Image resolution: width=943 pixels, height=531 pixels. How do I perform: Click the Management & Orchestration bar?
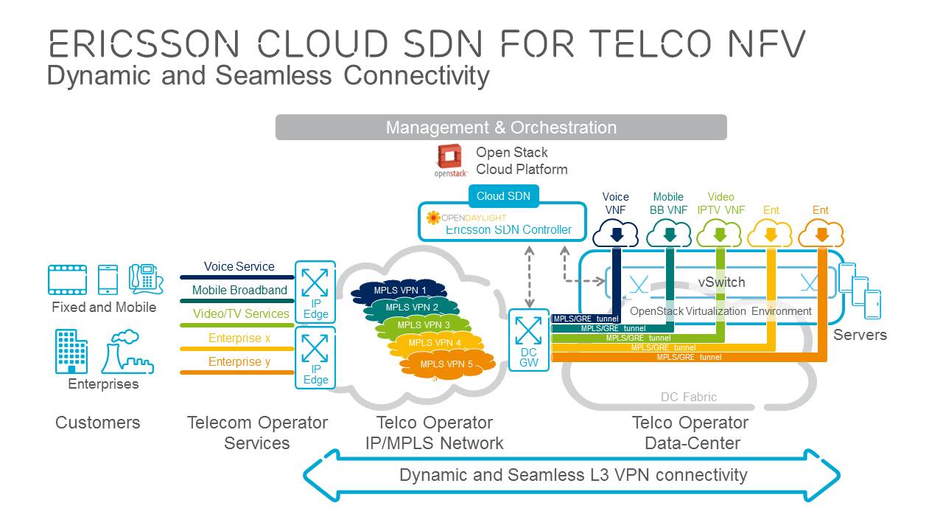coord(501,127)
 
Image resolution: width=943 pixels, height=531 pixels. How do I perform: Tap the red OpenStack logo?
coord(449,157)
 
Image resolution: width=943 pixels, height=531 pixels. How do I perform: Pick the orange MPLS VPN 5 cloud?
coord(446,364)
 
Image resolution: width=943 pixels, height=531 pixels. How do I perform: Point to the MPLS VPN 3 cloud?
coord(423,324)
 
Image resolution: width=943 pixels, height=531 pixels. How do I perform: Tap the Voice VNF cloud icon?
coord(616,234)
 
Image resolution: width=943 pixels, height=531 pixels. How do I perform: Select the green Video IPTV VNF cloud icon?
coord(720,235)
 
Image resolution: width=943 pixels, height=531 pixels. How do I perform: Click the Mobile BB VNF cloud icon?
coord(668,235)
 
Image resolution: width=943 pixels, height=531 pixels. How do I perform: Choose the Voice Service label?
coord(239,266)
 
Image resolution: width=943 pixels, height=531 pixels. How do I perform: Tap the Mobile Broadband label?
coord(239,290)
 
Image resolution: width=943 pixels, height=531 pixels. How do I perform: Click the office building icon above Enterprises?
coord(71,351)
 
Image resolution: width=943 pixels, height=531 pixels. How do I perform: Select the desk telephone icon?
coord(146,280)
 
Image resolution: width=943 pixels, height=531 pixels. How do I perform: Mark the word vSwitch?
coord(721,282)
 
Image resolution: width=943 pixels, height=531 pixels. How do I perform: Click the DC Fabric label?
coord(688,397)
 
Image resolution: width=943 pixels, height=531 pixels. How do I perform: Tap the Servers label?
coord(860,335)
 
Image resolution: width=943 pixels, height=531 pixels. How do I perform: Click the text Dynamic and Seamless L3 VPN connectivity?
coord(572,474)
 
